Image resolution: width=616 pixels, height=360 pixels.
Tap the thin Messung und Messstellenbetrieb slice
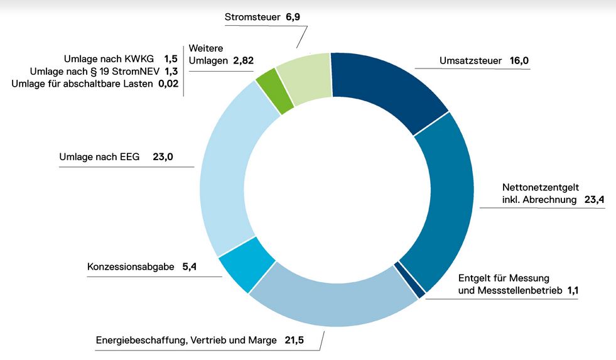tap(410, 280)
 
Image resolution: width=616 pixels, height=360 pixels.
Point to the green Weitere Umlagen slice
tap(275, 91)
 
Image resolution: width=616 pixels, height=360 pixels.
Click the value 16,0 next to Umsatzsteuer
tap(520, 62)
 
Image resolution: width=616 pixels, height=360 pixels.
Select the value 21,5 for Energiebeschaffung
tap(294, 341)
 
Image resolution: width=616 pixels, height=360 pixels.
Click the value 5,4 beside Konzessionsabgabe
tap(190, 267)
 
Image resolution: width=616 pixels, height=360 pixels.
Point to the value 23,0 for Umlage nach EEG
tap(163, 157)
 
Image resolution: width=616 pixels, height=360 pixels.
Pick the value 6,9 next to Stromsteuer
tap(294, 17)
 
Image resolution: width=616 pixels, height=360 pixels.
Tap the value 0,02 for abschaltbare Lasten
tap(167, 84)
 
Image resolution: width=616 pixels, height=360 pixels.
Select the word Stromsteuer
tap(252, 17)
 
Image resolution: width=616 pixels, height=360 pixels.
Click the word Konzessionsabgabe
tap(131, 267)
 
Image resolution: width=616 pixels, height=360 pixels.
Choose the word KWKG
tap(139, 58)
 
